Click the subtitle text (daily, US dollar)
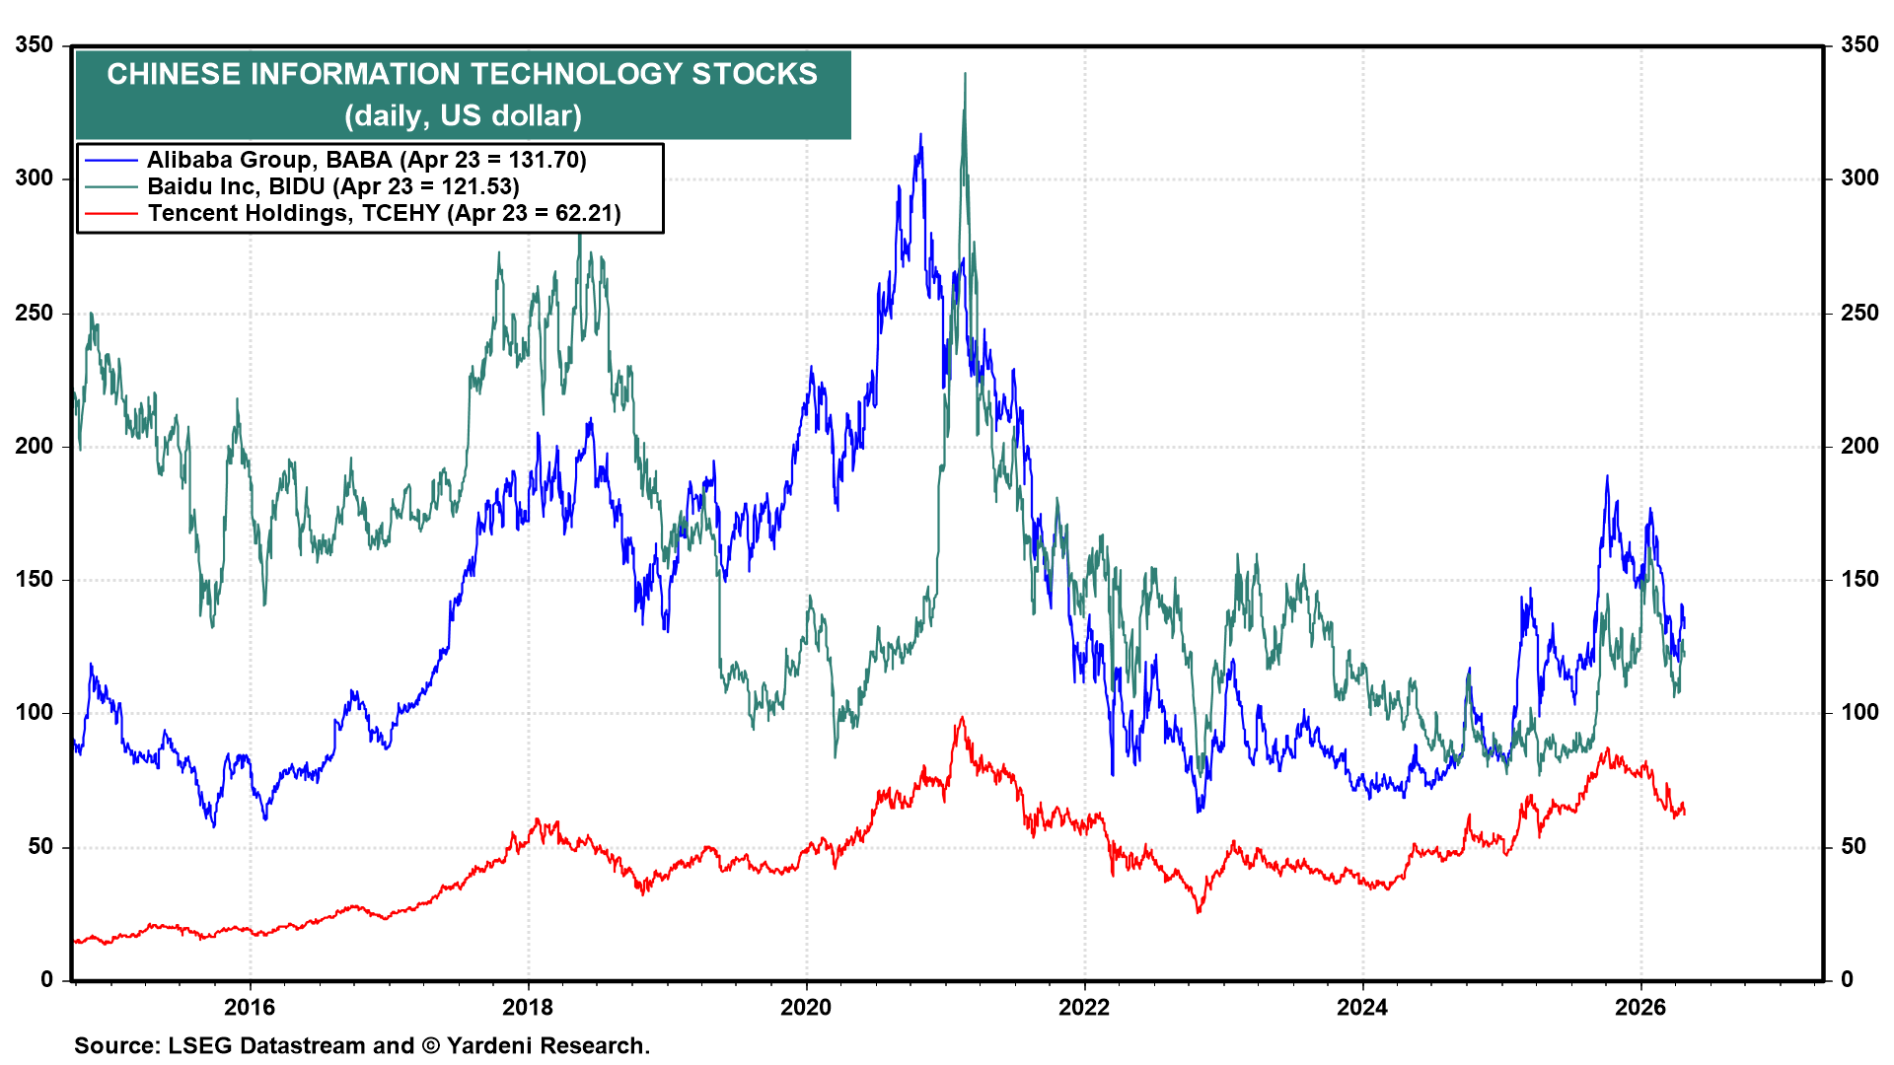(463, 115)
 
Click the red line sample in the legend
(110, 213)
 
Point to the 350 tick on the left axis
(35, 45)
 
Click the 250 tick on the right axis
(1859, 313)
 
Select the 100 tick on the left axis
(35, 712)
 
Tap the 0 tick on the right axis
(1848, 979)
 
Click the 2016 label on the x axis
(250, 1007)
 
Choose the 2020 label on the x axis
(806, 1007)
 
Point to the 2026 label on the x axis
(1640, 1007)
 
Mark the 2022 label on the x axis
(1084, 1007)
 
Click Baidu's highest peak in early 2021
(965, 75)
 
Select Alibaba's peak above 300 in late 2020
(920, 136)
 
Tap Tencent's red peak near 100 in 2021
(961, 718)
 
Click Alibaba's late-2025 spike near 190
(1607, 477)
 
